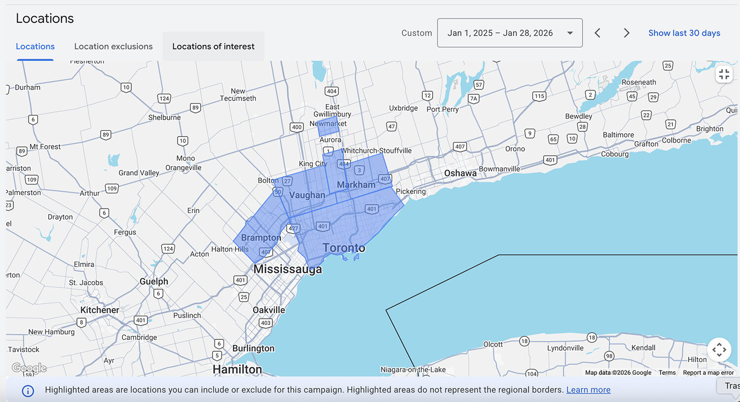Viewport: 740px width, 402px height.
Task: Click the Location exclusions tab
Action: (113, 46)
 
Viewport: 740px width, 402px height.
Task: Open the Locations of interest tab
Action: (213, 46)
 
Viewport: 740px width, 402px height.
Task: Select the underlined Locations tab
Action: (35, 46)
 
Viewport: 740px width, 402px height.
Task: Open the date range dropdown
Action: (510, 33)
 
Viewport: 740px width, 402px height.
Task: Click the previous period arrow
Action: (597, 33)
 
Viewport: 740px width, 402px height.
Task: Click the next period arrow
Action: (627, 33)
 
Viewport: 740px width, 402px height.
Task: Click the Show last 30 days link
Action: (684, 33)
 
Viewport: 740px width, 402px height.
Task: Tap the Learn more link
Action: (588, 390)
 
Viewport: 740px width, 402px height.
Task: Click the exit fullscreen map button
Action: (724, 74)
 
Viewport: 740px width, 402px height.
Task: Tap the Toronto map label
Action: (344, 248)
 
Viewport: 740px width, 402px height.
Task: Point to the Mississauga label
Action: (288, 269)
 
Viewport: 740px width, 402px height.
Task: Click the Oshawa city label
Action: (460, 173)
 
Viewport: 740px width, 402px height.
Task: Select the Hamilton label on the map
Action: (237, 369)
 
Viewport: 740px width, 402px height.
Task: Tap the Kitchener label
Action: (100, 310)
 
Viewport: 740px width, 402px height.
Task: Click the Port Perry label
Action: (443, 109)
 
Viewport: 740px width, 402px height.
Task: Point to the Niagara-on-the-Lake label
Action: (413, 369)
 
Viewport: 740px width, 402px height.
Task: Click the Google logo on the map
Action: (29, 368)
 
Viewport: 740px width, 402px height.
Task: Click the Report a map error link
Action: (708, 372)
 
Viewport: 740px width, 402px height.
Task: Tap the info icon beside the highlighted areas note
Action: (28, 391)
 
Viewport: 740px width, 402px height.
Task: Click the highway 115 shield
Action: (539, 96)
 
